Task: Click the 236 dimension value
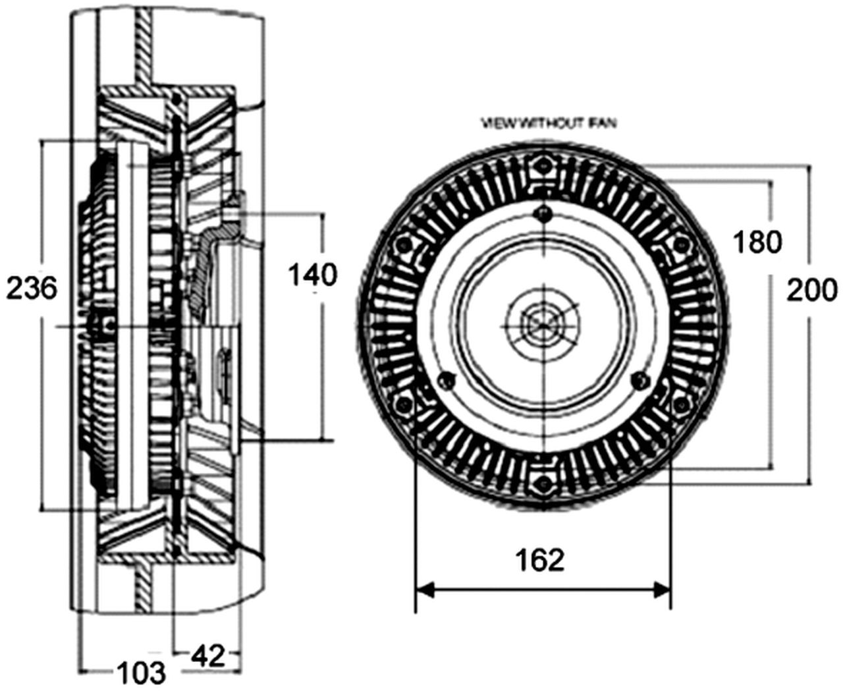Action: click(x=32, y=289)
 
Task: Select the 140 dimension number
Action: click(x=313, y=275)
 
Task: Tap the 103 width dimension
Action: click(x=141, y=672)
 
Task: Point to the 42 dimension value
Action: click(x=208, y=655)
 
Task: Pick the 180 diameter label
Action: click(x=757, y=242)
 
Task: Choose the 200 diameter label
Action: click(x=812, y=290)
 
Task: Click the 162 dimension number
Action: click(x=540, y=560)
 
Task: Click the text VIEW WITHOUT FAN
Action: click(x=549, y=123)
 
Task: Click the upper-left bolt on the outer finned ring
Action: click(x=401, y=246)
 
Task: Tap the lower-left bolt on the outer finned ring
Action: click(x=401, y=402)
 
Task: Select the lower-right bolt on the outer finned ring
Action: click(x=681, y=402)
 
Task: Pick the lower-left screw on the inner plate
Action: click(x=447, y=378)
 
